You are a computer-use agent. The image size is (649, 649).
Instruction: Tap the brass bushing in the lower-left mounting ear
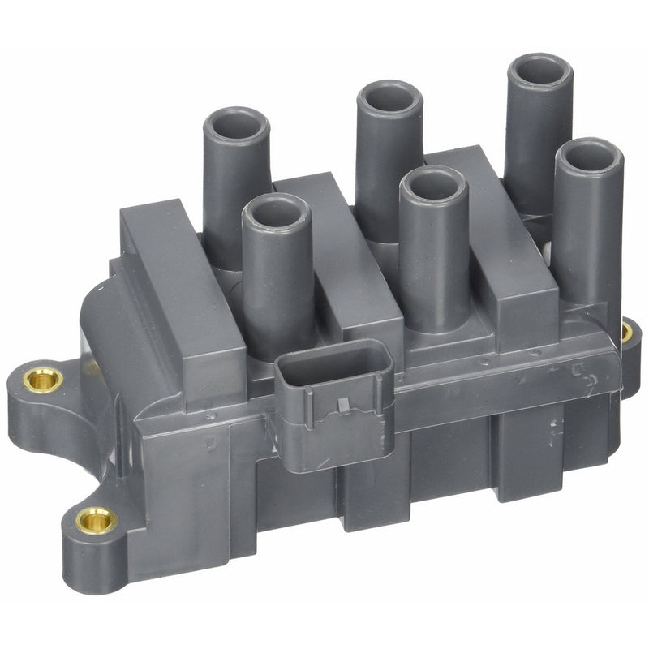(97, 519)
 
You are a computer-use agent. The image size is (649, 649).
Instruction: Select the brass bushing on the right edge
(626, 332)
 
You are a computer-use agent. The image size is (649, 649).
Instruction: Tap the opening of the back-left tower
(236, 124)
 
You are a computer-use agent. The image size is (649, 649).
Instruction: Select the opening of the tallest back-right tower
(539, 71)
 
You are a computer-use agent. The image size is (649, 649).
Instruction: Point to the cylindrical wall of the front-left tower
(278, 284)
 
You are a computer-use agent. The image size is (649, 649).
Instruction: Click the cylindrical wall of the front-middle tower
(434, 260)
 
